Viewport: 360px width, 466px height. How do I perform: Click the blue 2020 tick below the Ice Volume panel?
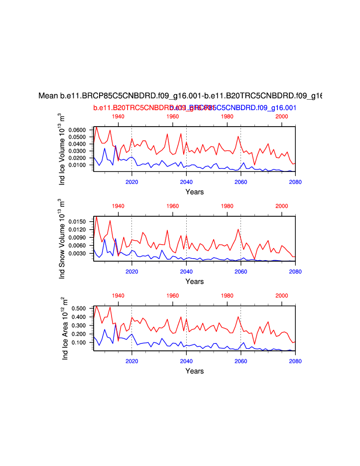coord(131,181)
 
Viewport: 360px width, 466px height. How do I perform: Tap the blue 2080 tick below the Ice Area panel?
coord(295,361)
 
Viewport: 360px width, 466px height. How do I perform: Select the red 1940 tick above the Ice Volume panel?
coord(118,116)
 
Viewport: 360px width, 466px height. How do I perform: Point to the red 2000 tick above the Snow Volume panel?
coord(282,206)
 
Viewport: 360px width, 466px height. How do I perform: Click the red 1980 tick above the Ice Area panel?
coord(227,296)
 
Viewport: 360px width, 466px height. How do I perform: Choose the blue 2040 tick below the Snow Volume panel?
coord(186,271)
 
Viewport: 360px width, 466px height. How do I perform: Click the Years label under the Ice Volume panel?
coord(194,192)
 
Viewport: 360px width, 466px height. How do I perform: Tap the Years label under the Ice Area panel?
coord(194,371)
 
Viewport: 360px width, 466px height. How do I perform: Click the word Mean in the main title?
coord(48,96)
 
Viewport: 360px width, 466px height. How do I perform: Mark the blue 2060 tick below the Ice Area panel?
coord(240,361)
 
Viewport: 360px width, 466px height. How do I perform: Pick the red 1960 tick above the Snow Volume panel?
coord(173,206)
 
